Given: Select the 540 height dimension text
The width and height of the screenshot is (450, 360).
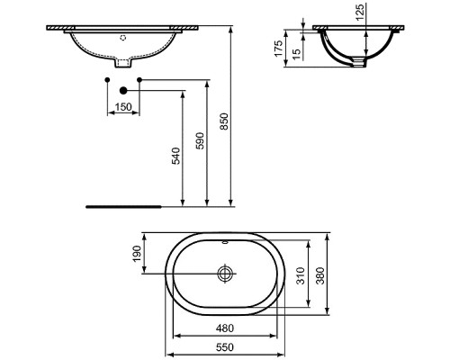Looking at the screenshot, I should pyautogui.click(x=176, y=155).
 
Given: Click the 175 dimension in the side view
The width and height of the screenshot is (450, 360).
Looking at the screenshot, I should pyautogui.click(x=279, y=47).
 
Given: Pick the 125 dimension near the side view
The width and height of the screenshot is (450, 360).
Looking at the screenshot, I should pyautogui.click(x=384, y=13).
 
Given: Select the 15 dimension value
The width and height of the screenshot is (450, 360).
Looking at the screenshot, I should pyautogui.click(x=296, y=53).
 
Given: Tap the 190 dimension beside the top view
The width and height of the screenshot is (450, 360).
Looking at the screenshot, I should pyautogui.click(x=138, y=256).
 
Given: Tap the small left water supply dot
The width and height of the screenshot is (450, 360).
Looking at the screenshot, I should pyautogui.click(x=107, y=82).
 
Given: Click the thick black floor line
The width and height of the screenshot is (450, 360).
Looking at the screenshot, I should pyautogui.click(x=122, y=206).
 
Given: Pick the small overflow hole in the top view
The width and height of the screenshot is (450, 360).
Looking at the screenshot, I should pyautogui.click(x=226, y=243).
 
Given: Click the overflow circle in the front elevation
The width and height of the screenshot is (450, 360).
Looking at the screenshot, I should pyautogui.click(x=124, y=40).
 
